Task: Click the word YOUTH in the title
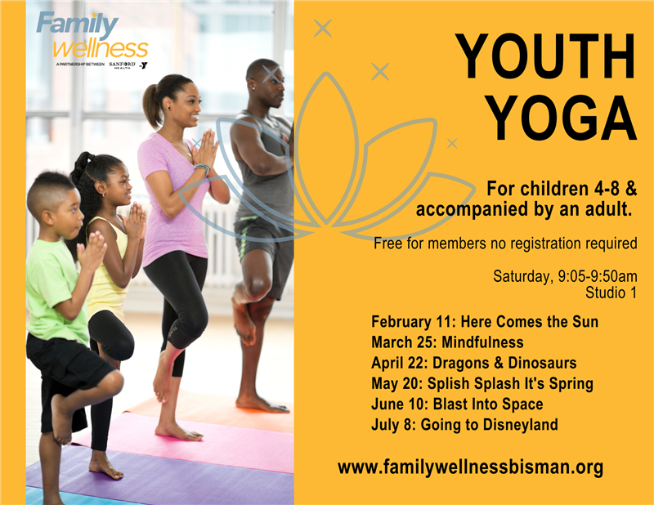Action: point(545,56)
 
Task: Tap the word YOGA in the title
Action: point(562,118)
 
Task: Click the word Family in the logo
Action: point(77,25)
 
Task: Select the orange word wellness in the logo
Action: point(101,49)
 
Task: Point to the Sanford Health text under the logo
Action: point(122,65)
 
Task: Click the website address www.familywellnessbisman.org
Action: point(471,467)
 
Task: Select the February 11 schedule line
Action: point(485,321)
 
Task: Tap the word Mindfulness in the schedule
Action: point(482,342)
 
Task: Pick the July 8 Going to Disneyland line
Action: point(464,425)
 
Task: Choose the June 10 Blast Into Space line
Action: point(457,404)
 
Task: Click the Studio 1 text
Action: point(611,293)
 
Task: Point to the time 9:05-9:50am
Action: point(598,276)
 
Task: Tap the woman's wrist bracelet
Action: point(203,168)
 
